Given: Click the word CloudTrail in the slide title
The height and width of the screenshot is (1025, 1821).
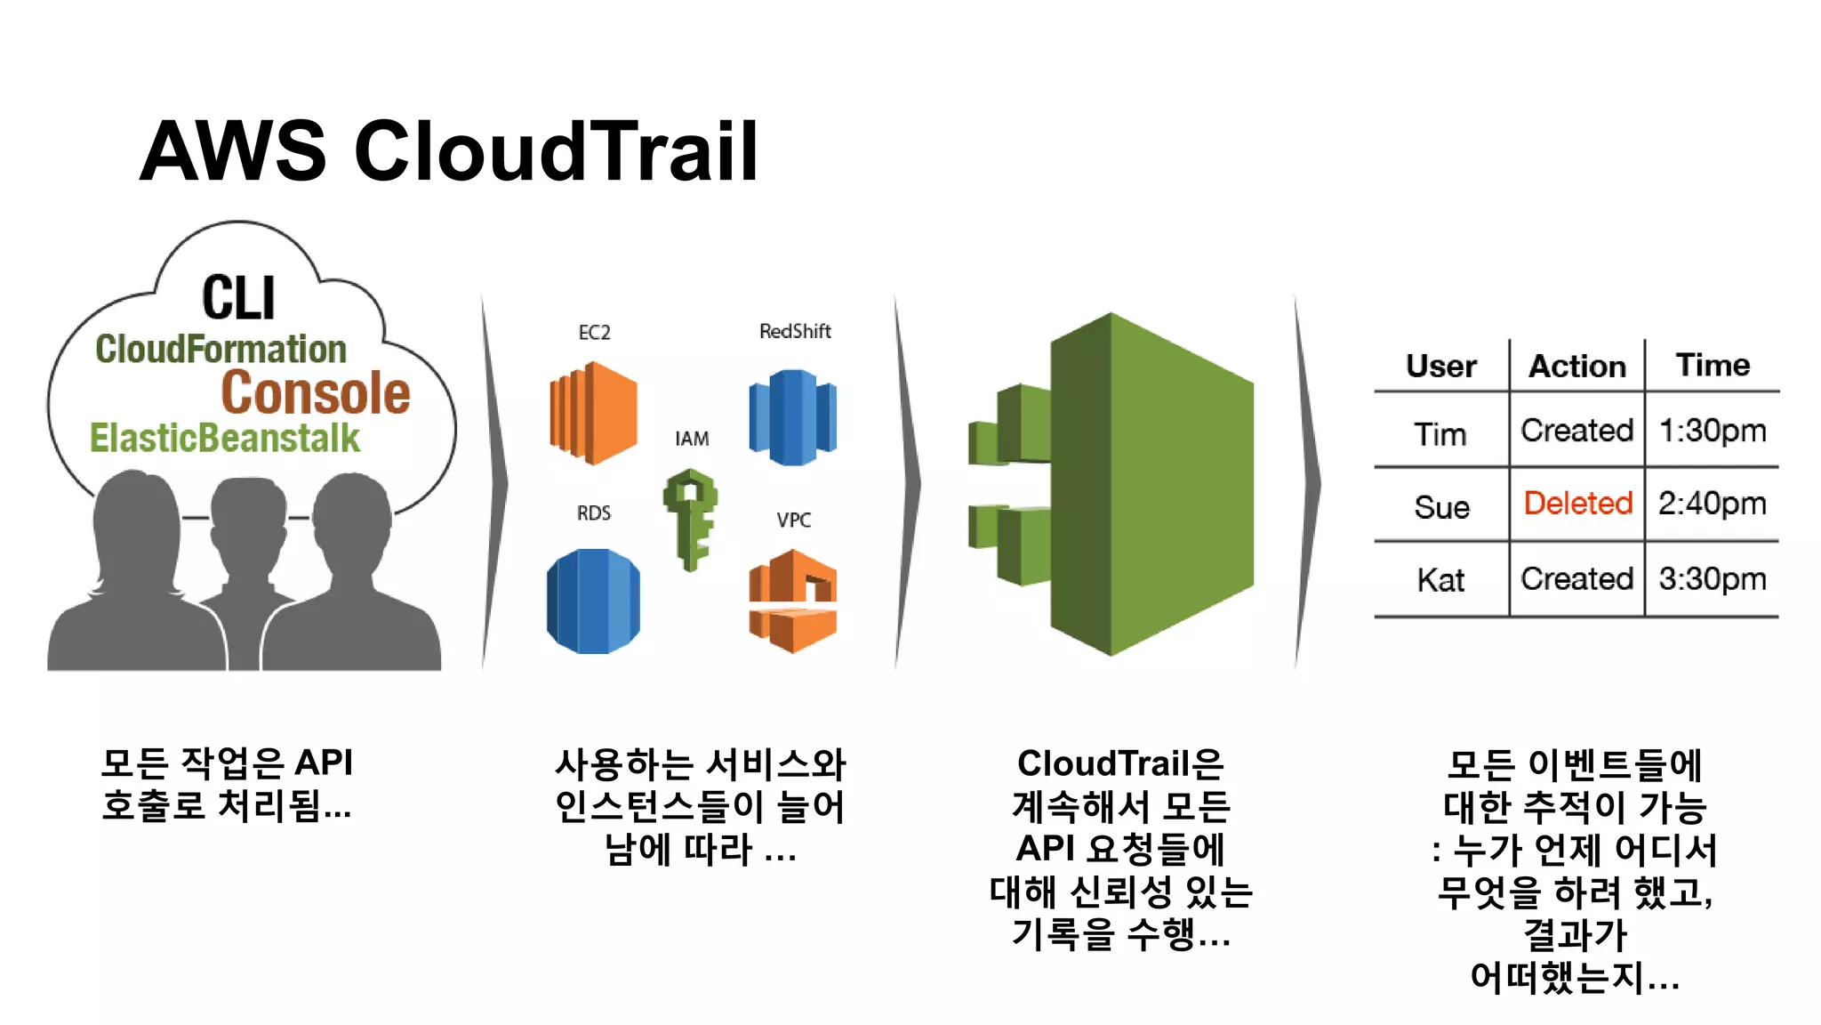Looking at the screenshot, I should click(557, 151).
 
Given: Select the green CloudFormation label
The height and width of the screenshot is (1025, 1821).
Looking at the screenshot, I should click(221, 349).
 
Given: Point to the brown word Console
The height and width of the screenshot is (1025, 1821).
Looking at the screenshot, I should click(316, 393).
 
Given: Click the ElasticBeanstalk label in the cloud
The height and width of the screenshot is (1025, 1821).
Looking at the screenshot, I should click(225, 439).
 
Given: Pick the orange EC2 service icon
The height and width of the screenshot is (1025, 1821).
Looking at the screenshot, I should click(593, 413).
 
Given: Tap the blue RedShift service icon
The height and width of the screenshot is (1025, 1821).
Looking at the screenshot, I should click(793, 416).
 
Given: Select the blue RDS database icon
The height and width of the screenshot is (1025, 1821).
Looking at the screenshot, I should click(593, 601).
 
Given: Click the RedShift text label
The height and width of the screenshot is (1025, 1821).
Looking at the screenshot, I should click(795, 331).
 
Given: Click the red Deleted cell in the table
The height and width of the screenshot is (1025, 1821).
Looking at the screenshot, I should click(1577, 504).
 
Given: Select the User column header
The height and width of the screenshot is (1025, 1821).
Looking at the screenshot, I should click(1440, 366).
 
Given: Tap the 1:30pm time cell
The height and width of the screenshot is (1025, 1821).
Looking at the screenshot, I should click(1713, 431).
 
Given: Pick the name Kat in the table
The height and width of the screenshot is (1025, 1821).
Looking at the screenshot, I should click(1440, 580).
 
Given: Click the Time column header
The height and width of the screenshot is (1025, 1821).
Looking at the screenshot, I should click(1713, 365).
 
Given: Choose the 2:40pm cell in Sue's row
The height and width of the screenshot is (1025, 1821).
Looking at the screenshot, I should click(1713, 504).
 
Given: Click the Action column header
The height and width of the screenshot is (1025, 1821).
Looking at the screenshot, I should click(1577, 366).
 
